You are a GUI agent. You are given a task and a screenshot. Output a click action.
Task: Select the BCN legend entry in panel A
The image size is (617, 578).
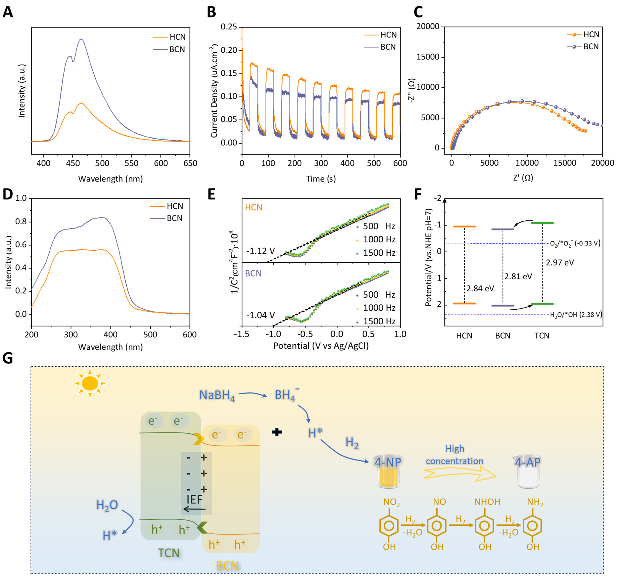(177, 49)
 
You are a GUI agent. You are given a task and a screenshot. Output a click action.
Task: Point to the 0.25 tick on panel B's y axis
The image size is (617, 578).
(229, 27)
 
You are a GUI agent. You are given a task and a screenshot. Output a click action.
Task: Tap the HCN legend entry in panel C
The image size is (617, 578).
(591, 34)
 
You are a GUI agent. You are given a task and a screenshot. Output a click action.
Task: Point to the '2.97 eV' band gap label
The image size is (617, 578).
(560, 262)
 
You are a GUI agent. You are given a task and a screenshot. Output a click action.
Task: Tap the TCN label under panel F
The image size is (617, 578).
(542, 336)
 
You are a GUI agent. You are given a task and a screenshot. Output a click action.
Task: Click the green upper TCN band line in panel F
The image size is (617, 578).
(542, 223)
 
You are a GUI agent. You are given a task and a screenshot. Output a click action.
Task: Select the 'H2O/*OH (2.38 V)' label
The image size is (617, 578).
(576, 315)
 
